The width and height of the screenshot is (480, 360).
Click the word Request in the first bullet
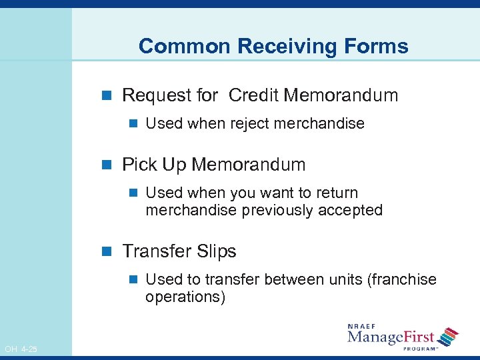pos(151,95)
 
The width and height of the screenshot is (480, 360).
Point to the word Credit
pos(253,95)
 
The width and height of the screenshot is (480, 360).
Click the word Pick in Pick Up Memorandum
pos(138,165)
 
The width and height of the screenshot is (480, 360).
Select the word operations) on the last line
pos(185,297)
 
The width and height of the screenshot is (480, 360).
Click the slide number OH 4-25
pos(21,349)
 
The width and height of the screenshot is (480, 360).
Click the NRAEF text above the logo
pos(363,327)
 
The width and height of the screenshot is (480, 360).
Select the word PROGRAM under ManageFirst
pos(418,347)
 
